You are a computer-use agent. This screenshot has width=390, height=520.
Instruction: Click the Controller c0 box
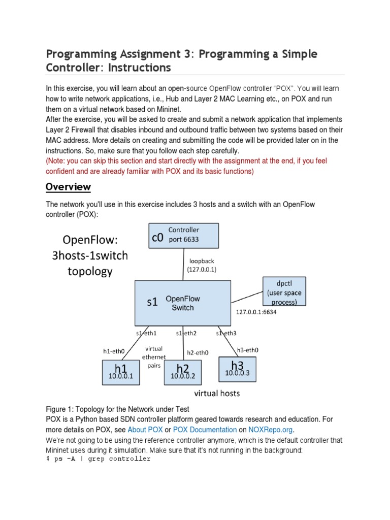tap(183, 236)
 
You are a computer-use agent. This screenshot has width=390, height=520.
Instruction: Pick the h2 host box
tap(182, 372)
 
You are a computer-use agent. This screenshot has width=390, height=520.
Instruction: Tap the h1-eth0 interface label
tap(114, 350)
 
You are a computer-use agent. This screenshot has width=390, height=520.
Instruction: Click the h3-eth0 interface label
tap(248, 350)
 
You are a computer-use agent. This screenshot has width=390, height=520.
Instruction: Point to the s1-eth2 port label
tap(186, 333)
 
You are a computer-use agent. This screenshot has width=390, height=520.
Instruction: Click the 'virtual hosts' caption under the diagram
tap(218, 393)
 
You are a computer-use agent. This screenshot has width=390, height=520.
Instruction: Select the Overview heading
tap(68, 187)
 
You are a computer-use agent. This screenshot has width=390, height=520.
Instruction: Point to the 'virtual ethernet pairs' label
tap(154, 356)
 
